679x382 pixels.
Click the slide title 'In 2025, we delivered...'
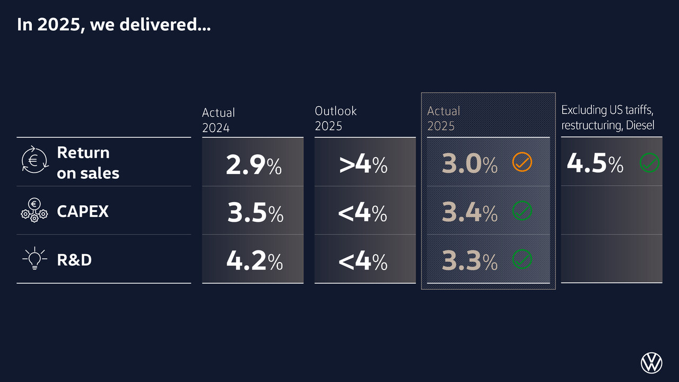pyautogui.click(x=114, y=25)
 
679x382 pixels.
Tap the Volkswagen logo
pyautogui.click(x=651, y=363)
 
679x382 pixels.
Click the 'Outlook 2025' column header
pyautogui.click(x=335, y=118)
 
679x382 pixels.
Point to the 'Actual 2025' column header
pyautogui.click(x=443, y=118)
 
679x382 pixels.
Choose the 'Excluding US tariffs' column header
pyautogui.click(x=607, y=117)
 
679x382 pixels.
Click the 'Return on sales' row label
pyautogui.click(x=88, y=162)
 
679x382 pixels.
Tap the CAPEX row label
pyautogui.click(x=82, y=211)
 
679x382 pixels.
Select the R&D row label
pyautogui.click(x=74, y=260)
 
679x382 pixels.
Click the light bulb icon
pyautogui.click(x=34, y=259)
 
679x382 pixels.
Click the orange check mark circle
pyautogui.click(x=522, y=162)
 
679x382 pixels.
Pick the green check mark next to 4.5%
pyautogui.click(x=649, y=162)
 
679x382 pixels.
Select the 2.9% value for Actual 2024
pyautogui.click(x=254, y=165)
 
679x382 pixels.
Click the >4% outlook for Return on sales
pyautogui.click(x=363, y=165)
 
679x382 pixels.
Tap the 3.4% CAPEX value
pyautogui.click(x=469, y=213)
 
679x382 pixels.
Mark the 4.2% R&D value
pyautogui.click(x=254, y=262)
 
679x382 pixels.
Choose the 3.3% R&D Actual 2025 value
pyautogui.click(x=469, y=262)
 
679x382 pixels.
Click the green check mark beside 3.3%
pyautogui.click(x=522, y=259)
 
